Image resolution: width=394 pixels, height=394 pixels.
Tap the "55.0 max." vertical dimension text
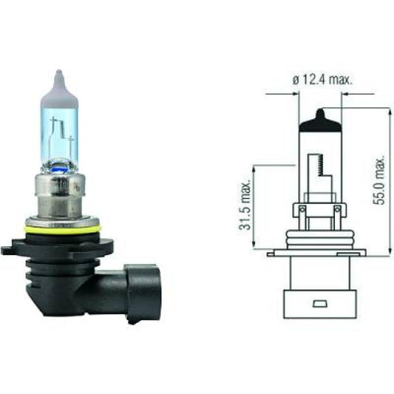[381, 180]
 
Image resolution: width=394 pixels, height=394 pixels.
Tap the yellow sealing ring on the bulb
[61, 229]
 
